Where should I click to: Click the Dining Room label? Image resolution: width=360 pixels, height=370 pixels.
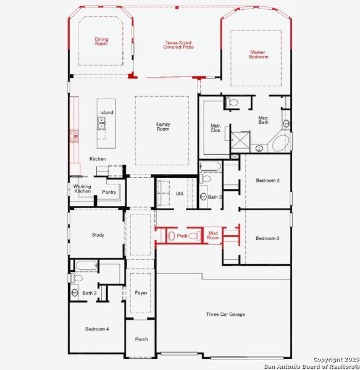tap(101, 41)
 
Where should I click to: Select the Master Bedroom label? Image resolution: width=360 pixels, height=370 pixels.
tap(258, 54)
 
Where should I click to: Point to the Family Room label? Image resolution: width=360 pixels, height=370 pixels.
tap(162, 126)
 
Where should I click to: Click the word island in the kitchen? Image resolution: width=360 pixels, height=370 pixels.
tap(107, 112)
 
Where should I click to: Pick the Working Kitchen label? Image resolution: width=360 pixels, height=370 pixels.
tap(82, 189)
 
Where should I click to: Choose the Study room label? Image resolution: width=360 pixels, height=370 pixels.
tap(98, 235)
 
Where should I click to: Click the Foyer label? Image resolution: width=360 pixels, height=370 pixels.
tap(141, 293)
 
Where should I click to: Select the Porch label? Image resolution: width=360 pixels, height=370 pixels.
tap(141, 339)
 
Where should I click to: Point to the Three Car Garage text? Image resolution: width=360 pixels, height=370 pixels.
tap(225, 314)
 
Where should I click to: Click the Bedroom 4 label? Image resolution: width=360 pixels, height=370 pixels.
tap(97, 329)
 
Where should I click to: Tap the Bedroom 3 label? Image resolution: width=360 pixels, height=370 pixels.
tap(268, 238)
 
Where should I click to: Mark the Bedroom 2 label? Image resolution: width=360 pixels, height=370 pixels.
tap(268, 180)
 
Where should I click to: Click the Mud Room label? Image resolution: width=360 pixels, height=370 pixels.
tap(213, 235)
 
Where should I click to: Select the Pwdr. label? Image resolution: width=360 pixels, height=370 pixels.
tap(183, 236)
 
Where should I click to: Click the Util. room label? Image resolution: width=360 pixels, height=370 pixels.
tap(180, 194)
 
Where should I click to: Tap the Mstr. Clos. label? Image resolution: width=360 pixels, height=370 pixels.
tap(216, 128)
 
